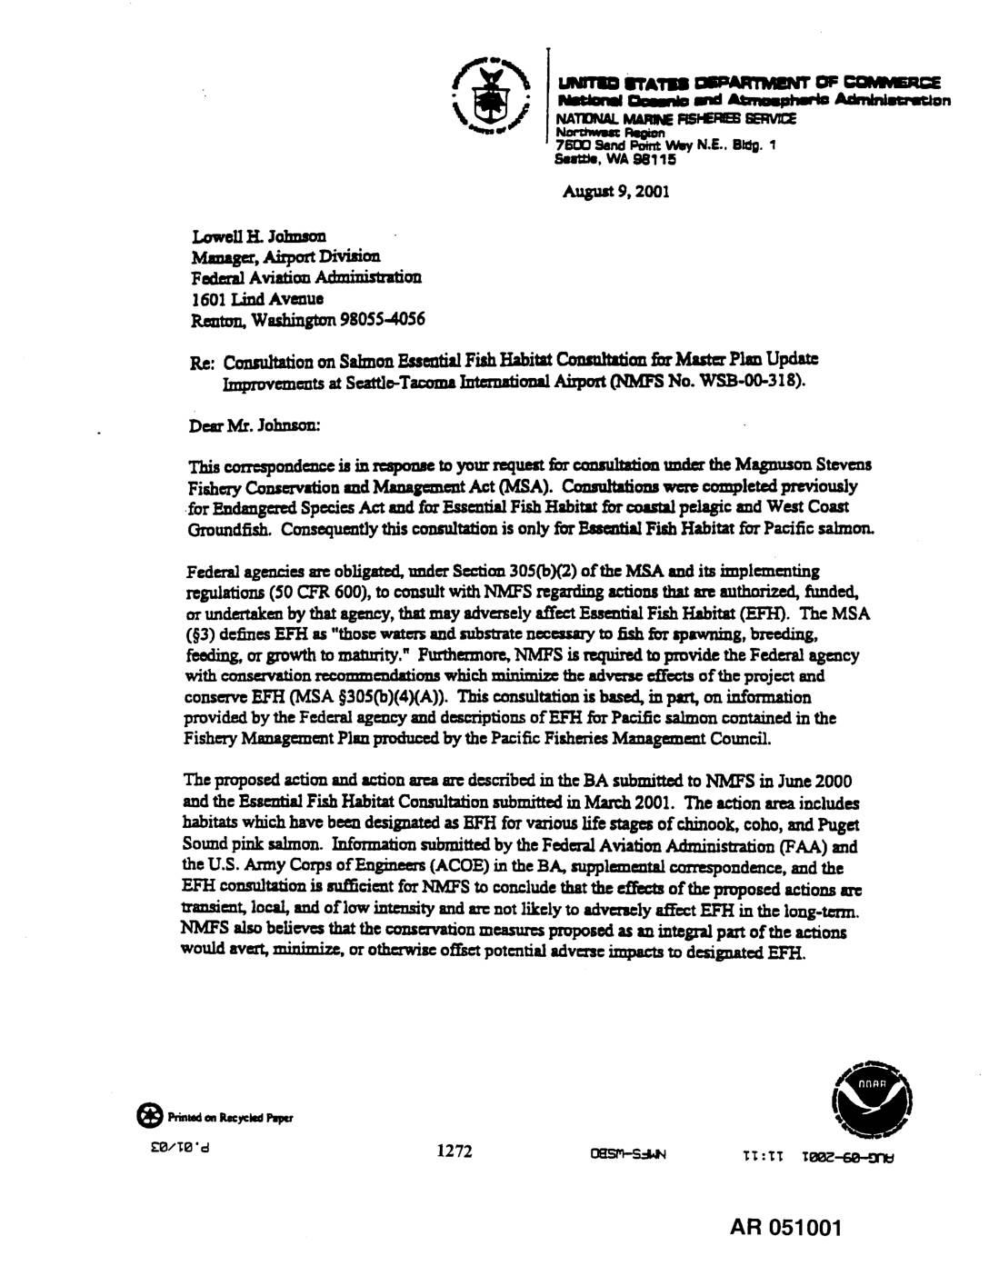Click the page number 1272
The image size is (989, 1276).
click(454, 1151)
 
